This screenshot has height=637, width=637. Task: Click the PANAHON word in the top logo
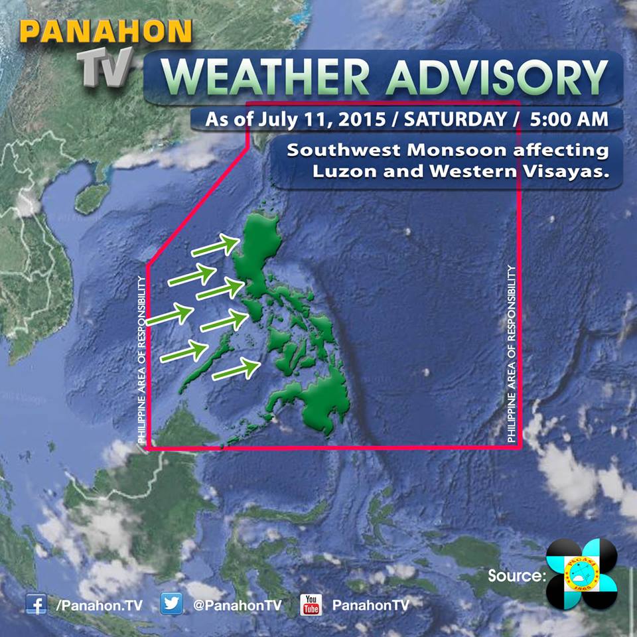pos(106,32)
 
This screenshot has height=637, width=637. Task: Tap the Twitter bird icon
pos(172,604)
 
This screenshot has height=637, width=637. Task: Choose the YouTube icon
pos(311,604)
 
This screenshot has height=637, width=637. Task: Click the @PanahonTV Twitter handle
pos(238,604)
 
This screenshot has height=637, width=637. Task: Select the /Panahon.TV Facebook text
pos(100,604)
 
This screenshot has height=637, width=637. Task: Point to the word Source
pos(515,575)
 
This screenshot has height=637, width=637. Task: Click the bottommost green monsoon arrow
pos(236,369)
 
